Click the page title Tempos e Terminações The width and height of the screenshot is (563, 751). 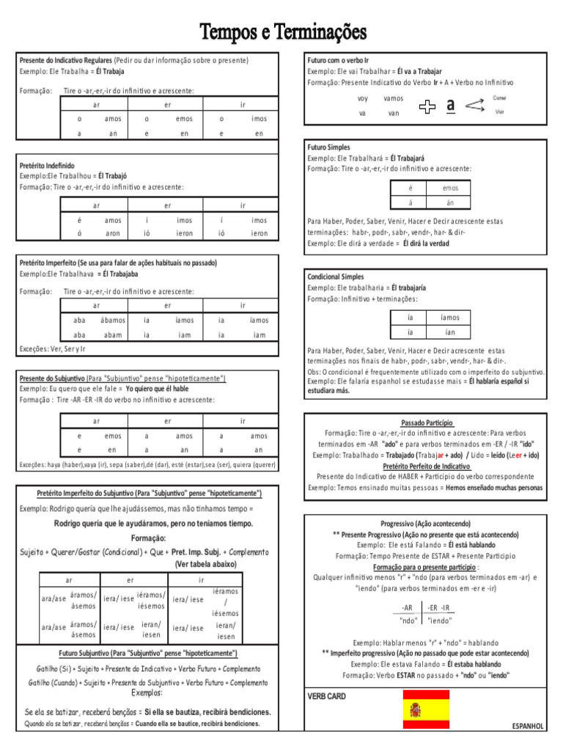[x=283, y=32]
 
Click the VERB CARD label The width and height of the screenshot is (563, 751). [x=326, y=696]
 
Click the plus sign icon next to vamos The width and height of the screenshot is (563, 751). [x=425, y=107]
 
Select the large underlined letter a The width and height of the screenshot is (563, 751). [x=450, y=106]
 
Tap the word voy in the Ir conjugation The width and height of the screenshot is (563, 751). [x=362, y=98]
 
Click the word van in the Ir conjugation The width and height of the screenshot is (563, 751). [x=394, y=114]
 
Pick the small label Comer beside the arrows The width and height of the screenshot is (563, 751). [x=499, y=98]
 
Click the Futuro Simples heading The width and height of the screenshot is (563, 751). [x=328, y=147]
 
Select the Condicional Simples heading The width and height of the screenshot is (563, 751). [x=336, y=277]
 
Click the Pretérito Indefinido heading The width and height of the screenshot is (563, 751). [x=47, y=166]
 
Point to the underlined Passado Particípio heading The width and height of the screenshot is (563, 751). [x=427, y=423]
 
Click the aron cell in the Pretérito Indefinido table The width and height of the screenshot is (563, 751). [x=113, y=233]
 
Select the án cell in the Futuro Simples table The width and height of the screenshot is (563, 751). [x=450, y=202]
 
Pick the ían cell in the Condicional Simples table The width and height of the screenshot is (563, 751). [x=450, y=332]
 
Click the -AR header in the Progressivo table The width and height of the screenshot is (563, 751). [x=408, y=607]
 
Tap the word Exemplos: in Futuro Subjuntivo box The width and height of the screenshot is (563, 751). [x=147, y=693]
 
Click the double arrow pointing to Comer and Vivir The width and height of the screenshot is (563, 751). [x=476, y=106]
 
